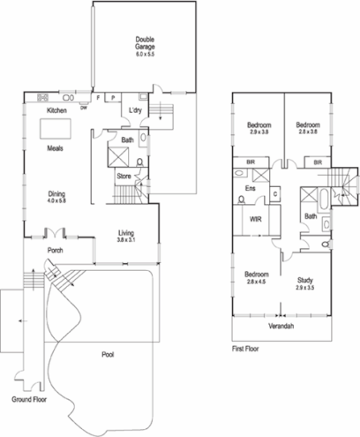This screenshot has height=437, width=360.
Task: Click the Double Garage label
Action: coord(146,43)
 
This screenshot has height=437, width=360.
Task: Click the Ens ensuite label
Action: coord(251,188)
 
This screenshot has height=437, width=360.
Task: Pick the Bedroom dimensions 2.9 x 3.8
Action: coord(258,131)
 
